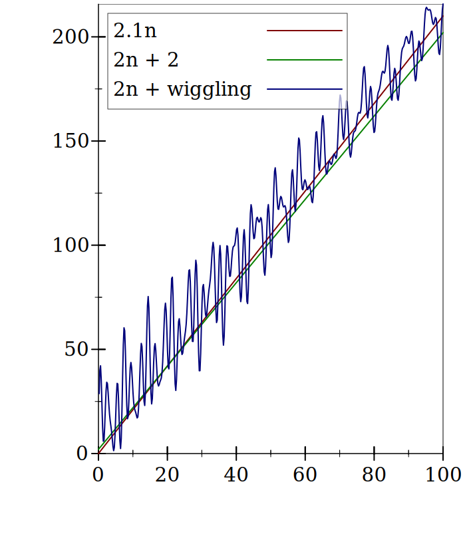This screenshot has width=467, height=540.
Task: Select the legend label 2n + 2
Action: (146, 60)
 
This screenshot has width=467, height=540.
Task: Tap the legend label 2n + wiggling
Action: (182, 89)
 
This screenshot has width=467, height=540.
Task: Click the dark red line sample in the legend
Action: (304, 31)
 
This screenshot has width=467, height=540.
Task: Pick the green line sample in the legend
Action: (304, 60)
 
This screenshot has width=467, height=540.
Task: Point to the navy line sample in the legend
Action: (304, 89)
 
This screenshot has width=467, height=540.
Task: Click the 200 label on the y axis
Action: (70, 37)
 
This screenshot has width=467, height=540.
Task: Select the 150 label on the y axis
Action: (70, 141)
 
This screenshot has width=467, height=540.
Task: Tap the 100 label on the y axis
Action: (70, 245)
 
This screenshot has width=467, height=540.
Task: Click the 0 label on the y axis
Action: (82, 454)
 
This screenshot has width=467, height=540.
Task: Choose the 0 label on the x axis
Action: (98, 474)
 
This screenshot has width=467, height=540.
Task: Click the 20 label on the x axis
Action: (167, 474)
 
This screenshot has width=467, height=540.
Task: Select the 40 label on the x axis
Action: (236, 474)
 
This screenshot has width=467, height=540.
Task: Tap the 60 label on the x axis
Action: (305, 474)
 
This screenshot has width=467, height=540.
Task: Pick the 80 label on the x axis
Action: (374, 474)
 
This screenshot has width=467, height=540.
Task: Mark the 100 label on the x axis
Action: (442, 474)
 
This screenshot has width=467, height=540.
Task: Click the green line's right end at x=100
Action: (442, 33)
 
